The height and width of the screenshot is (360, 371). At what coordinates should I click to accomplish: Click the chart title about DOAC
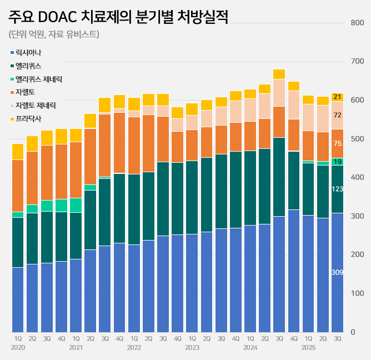(119, 16)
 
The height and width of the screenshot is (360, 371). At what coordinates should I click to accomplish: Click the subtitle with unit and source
(54, 34)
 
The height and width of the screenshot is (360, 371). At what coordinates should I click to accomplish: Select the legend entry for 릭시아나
(28, 52)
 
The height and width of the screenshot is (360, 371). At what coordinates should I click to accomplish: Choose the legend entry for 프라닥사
(28, 118)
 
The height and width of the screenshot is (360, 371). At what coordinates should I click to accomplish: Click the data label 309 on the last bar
(337, 272)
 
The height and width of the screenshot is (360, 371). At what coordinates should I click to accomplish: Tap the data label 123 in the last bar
(337, 189)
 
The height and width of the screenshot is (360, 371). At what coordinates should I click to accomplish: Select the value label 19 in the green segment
(337, 162)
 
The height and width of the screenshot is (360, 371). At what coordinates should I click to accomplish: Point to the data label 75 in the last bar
(337, 144)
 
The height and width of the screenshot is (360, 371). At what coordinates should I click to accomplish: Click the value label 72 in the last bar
(337, 116)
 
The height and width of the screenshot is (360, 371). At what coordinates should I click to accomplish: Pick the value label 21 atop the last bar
(337, 97)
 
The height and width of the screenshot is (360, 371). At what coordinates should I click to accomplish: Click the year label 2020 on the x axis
(18, 347)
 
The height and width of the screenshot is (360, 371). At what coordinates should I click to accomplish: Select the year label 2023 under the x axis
(192, 347)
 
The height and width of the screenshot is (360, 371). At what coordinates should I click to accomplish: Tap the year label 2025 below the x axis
(308, 347)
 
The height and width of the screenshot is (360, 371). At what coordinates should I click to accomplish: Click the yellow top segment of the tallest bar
(279, 74)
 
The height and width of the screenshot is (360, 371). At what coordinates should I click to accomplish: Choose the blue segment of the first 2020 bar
(18, 300)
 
